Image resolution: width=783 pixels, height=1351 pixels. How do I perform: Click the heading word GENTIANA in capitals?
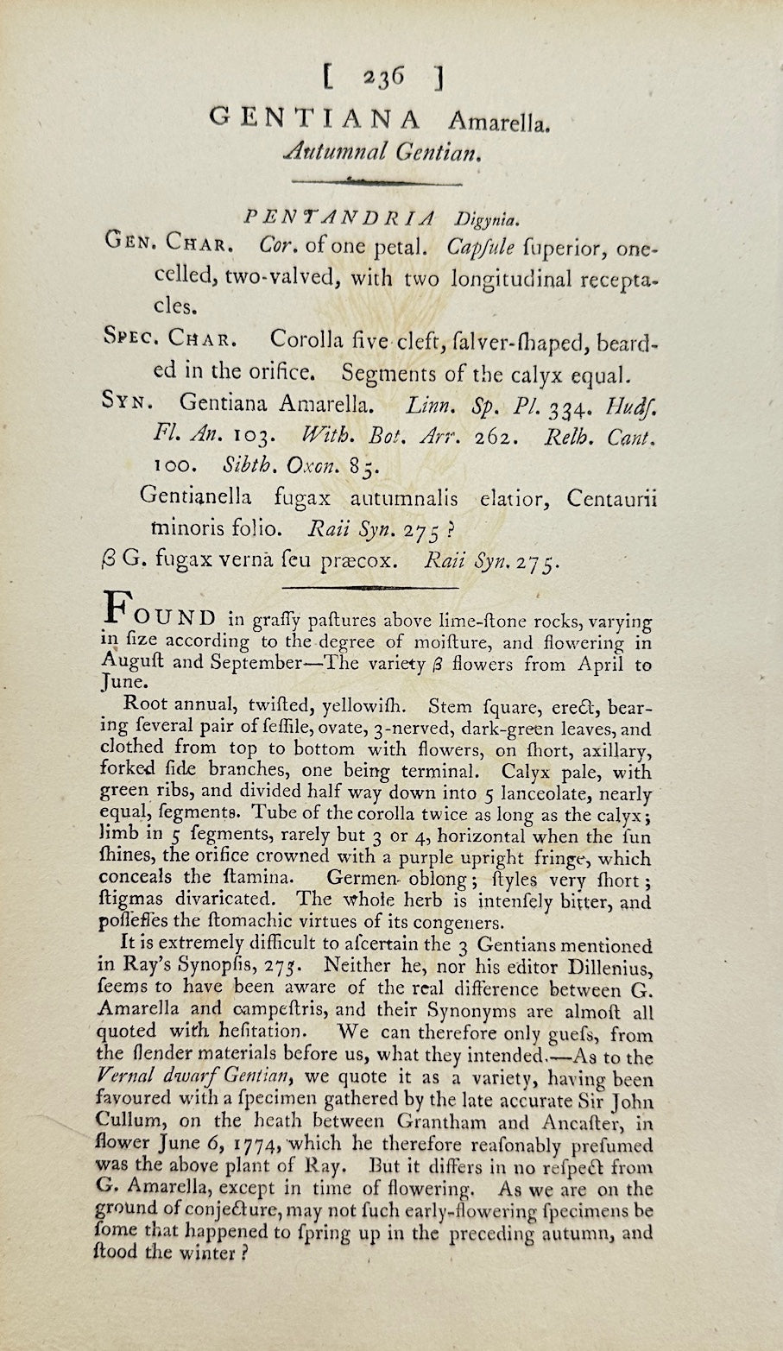[x=315, y=120]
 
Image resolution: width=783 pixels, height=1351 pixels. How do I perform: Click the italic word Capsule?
[x=482, y=248]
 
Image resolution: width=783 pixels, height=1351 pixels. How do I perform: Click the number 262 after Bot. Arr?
[x=497, y=436]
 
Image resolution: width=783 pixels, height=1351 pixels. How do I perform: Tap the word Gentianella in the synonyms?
[x=195, y=498]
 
